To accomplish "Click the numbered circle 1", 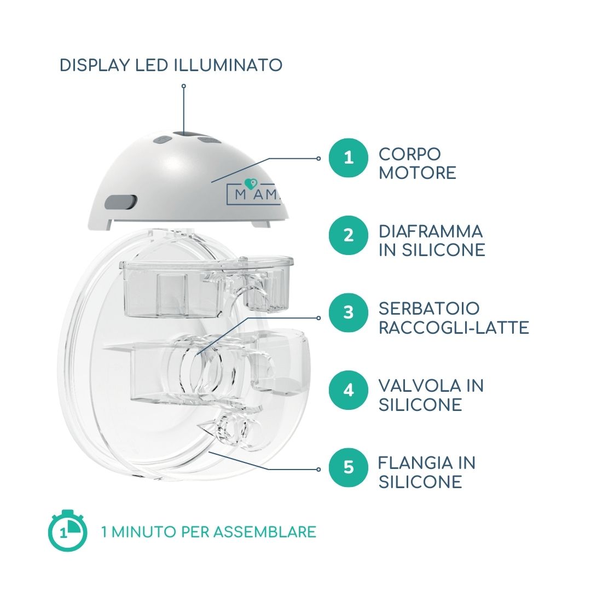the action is pyautogui.click(x=348, y=158).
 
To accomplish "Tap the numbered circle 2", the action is pyautogui.click(x=348, y=235).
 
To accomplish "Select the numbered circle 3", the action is pyautogui.click(x=348, y=312).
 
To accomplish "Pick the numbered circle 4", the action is pyautogui.click(x=348, y=390).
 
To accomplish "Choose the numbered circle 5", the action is pyautogui.click(x=348, y=467).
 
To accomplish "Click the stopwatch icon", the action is pyautogui.click(x=67, y=530).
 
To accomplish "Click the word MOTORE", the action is pyautogui.click(x=417, y=173).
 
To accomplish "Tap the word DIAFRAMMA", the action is pyautogui.click(x=431, y=231).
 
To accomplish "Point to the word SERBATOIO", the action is pyautogui.click(x=429, y=309).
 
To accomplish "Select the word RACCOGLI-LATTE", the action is pyautogui.click(x=454, y=328).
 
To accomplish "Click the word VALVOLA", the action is pyautogui.click(x=420, y=386).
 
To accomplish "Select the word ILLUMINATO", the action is pyautogui.click(x=228, y=65).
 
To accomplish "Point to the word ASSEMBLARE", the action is pyautogui.click(x=265, y=532).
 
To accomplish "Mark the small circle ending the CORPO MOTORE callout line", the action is pyautogui.click(x=318, y=159).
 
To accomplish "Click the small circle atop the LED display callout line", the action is pyautogui.click(x=183, y=86).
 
